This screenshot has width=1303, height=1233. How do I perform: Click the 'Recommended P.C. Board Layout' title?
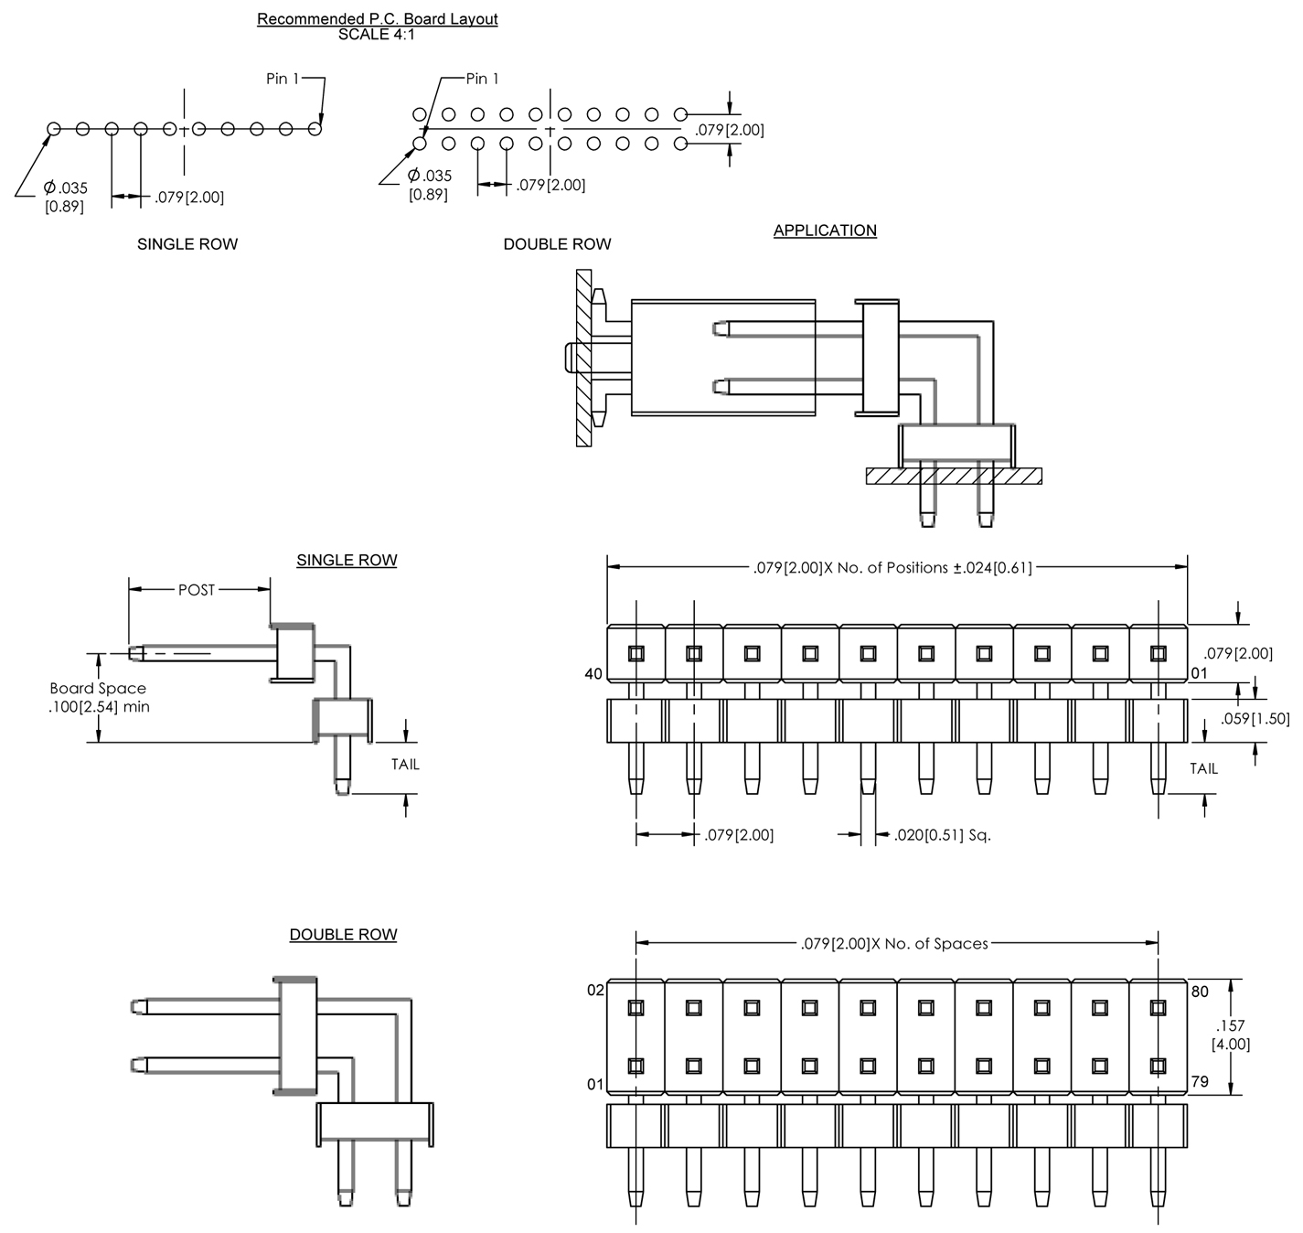[x=377, y=18]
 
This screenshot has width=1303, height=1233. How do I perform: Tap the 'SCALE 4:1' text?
[x=377, y=35]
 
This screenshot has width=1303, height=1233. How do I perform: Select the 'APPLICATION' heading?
[x=824, y=231]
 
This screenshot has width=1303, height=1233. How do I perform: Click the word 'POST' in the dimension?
[x=197, y=590]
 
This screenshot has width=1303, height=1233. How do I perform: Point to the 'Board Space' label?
[x=98, y=689]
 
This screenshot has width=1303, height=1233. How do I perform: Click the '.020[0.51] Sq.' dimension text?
[x=942, y=834]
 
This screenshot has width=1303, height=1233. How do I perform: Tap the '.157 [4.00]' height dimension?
[x=1231, y=1035]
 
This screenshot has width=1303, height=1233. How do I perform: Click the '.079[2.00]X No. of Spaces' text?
[x=894, y=943]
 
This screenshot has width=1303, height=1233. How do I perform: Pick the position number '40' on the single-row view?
[x=593, y=674]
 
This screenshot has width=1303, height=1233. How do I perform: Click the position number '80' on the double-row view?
[x=1200, y=992]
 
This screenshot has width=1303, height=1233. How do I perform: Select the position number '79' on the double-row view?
[x=1200, y=1081]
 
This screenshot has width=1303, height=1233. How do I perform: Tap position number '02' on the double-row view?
[x=595, y=992]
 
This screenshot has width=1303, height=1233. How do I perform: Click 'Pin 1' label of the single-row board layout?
[x=283, y=79]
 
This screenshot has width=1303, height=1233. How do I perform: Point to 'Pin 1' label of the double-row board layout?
[x=482, y=79]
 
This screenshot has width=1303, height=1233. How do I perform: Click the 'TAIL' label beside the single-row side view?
[x=405, y=765]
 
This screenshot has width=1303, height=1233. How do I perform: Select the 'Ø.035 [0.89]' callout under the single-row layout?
[x=66, y=197]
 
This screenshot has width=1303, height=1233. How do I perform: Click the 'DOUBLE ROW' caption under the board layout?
[x=557, y=244]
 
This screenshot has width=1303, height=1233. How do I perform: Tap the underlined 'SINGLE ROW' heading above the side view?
[x=347, y=560]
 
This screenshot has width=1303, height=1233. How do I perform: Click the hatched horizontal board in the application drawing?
[x=954, y=476]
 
